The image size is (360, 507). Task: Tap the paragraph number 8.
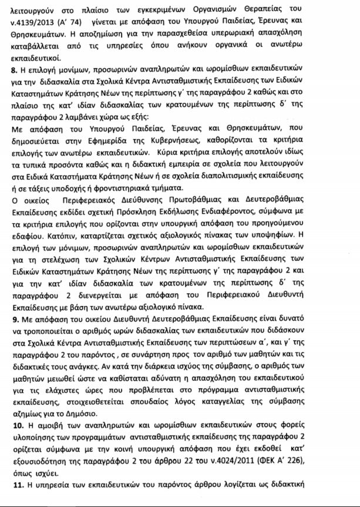[14, 75]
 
